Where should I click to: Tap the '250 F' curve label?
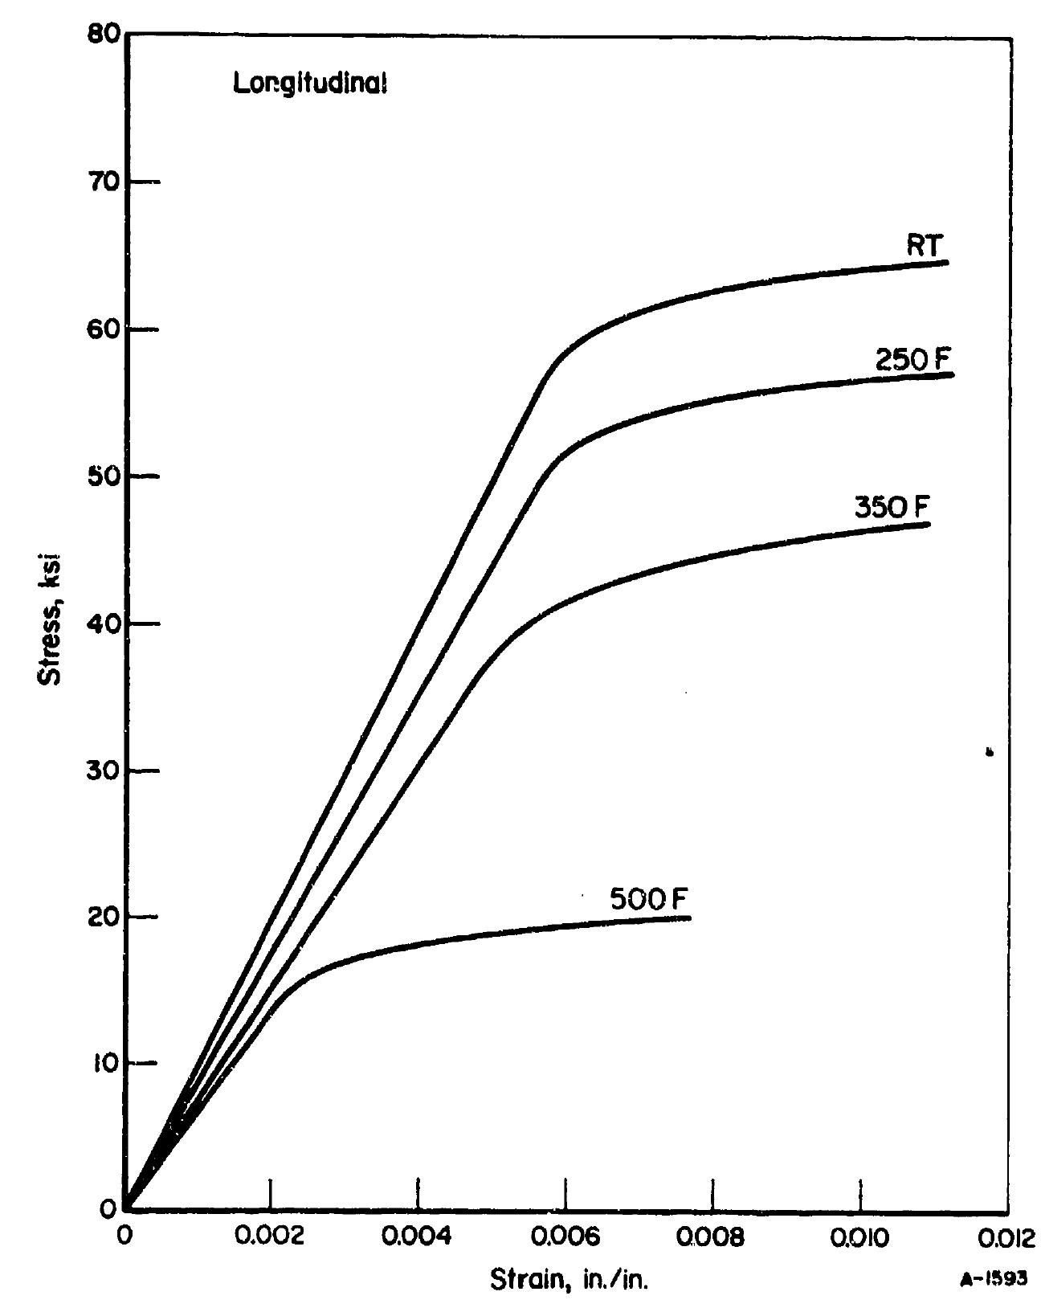click(x=914, y=360)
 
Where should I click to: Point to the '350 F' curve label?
click(x=892, y=508)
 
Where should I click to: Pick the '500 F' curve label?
click(x=650, y=899)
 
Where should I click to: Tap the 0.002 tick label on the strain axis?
click(x=271, y=1238)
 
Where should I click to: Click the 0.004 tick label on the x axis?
click(x=418, y=1238)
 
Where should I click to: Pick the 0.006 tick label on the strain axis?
click(x=565, y=1238)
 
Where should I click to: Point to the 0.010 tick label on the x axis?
click(x=860, y=1238)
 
